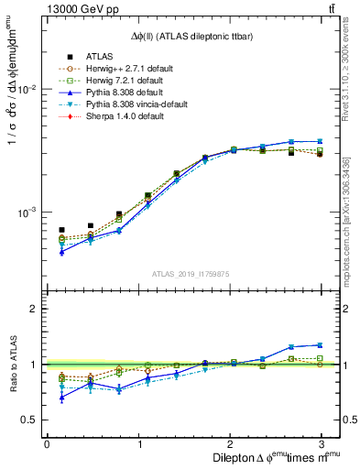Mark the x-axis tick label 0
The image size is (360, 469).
point(47,444)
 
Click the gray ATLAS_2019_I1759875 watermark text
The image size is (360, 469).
point(191,272)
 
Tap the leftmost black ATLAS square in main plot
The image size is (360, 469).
point(61,230)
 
